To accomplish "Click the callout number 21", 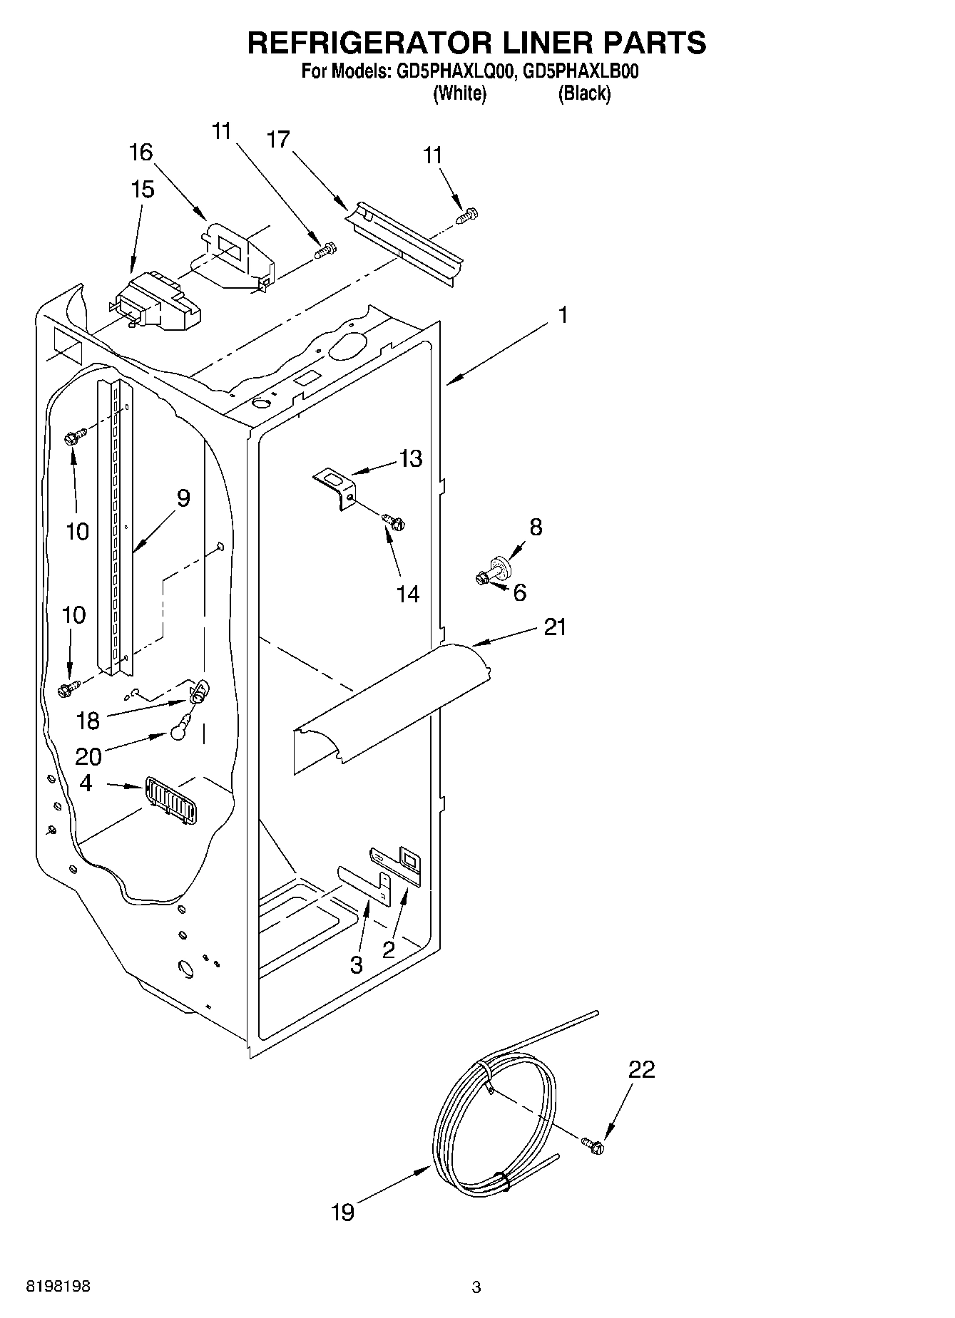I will click(555, 627).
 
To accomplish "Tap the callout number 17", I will click(279, 140).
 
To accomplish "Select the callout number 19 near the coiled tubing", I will click(343, 1212).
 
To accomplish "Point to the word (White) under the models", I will click(460, 93).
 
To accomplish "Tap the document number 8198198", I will click(58, 1287).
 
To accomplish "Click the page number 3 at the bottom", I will click(476, 1287).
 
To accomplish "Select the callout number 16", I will click(141, 152).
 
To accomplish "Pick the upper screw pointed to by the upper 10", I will click(74, 436).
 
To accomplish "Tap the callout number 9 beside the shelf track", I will click(183, 498).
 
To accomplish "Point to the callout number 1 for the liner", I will click(563, 314).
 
